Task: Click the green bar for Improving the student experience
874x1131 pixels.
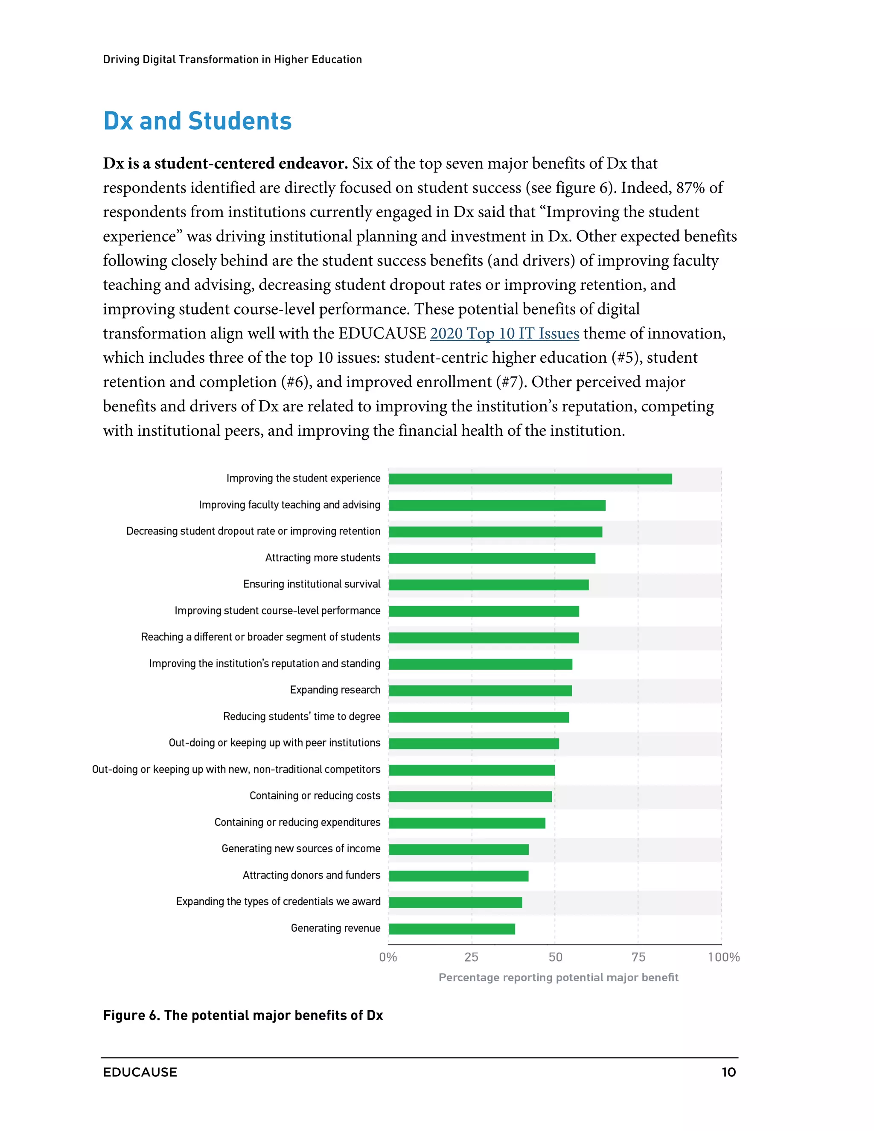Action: click(530, 479)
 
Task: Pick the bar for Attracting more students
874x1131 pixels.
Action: click(492, 558)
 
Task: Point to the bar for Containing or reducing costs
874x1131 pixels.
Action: click(470, 796)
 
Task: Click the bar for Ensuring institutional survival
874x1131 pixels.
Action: click(488, 585)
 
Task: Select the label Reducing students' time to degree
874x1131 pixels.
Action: click(301, 717)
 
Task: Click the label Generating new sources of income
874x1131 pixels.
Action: click(301, 849)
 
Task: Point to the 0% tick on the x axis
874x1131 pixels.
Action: click(388, 957)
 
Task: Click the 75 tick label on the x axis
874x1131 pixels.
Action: click(638, 957)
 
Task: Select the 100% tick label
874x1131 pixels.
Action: click(723, 957)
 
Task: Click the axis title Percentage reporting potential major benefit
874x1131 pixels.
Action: click(558, 977)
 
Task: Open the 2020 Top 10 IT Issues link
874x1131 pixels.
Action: click(504, 333)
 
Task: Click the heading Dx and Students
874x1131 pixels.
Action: click(197, 121)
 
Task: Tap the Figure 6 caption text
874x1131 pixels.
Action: click(243, 1015)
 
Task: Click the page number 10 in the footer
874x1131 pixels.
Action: click(728, 1073)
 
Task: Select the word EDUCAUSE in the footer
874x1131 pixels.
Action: click(140, 1073)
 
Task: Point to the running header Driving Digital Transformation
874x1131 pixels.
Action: click(232, 60)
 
